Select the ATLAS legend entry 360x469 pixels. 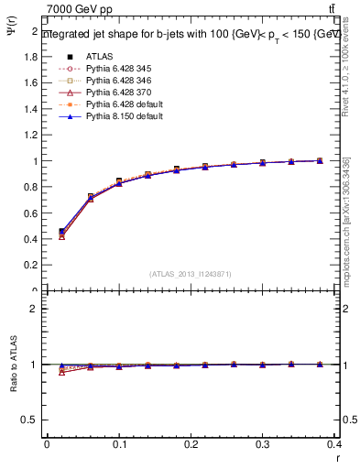(101, 54)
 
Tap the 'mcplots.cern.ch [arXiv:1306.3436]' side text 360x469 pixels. (346, 220)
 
